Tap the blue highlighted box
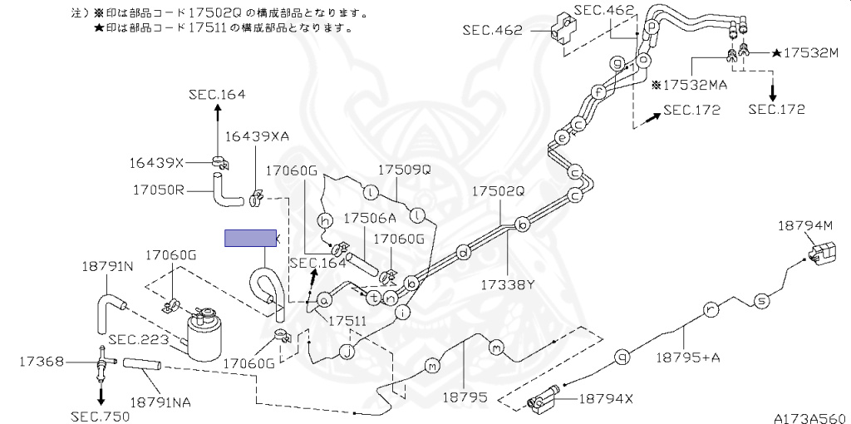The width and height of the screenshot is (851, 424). click(x=250, y=239)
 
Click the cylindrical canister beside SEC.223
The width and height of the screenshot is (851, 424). click(x=204, y=333)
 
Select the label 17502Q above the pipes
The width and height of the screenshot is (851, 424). click(x=499, y=191)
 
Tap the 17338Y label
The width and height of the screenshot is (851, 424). click(x=506, y=284)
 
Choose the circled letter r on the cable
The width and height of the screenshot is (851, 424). click(x=709, y=310)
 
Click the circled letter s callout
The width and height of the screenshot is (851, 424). click(x=760, y=300)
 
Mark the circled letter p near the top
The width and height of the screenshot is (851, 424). click(x=652, y=27)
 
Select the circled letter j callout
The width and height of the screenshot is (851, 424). click(x=347, y=352)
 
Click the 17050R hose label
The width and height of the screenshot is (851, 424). click(x=157, y=190)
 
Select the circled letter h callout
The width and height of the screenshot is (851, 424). click(x=326, y=219)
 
